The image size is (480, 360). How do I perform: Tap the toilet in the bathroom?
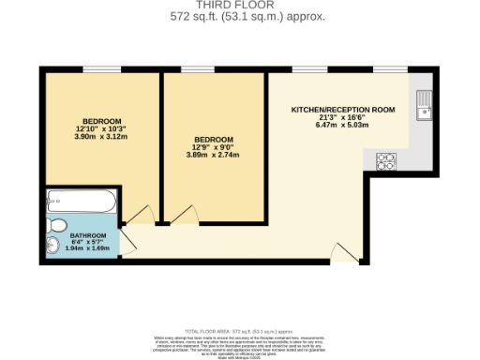click(55, 225)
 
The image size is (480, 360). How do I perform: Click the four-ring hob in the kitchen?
click(386, 161)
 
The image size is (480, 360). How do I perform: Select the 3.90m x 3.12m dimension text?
click(102, 137)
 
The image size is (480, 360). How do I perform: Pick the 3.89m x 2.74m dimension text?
click(213, 155)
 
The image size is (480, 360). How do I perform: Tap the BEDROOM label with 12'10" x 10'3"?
click(102, 121)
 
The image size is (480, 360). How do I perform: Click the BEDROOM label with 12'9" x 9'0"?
click(213, 140)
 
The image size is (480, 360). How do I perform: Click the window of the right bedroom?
click(197, 69)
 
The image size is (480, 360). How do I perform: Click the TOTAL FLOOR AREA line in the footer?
click(239, 332)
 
